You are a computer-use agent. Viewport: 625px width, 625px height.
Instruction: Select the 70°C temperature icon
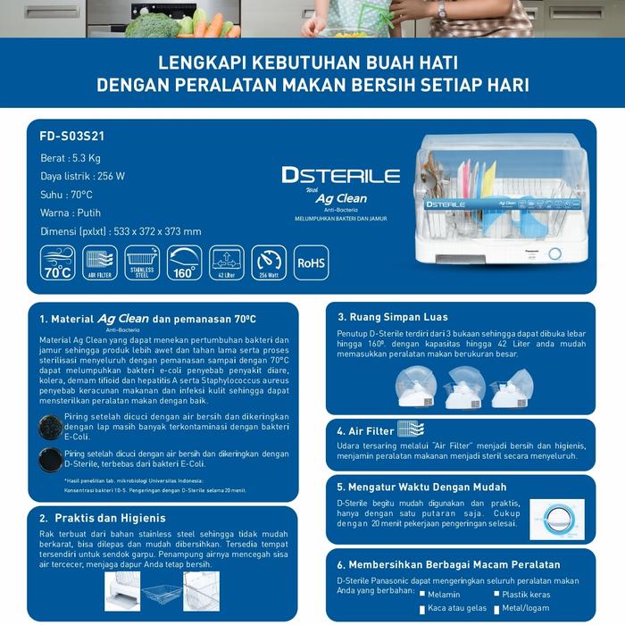click(x=58, y=263)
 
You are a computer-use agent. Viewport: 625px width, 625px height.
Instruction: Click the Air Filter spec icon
click(x=100, y=263)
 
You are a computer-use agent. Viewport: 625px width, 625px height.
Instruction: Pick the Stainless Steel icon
click(x=142, y=263)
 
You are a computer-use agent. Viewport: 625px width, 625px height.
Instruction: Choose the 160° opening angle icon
click(x=185, y=263)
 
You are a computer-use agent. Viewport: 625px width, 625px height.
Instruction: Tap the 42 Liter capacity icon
click(x=227, y=263)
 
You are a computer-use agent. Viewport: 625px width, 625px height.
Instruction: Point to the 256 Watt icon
click(x=269, y=263)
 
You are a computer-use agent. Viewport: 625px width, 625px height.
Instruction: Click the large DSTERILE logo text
click(x=340, y=175)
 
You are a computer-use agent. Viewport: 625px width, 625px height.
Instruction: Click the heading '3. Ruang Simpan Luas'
click(x=393, y=317)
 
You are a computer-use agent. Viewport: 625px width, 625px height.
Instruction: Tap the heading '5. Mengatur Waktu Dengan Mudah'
click(x=421, y=487)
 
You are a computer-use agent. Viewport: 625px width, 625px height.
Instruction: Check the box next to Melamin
click(x=419, y=594)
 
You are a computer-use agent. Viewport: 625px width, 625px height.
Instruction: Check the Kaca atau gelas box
click(x=419, y=608)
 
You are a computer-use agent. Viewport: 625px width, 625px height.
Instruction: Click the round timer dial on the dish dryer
click(x=554, y=254)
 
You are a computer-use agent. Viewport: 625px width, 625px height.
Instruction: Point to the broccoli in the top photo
click(x=151, y=24)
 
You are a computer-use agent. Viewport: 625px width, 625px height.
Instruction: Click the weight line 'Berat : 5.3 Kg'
click(x=74, y=157)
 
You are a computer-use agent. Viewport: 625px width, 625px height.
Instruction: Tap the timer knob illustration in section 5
click(x=557, y=521)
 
